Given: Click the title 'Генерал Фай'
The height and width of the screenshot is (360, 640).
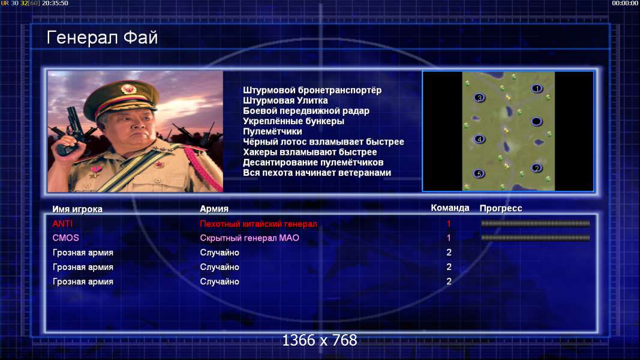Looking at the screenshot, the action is [x=102, y=38].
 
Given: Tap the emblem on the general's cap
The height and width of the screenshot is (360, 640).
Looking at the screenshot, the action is [x=128, y=89].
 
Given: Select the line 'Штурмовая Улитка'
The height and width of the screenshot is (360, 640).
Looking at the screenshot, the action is [x=286, y=100].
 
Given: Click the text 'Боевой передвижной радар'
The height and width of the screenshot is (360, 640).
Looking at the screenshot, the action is [x=306, y=111].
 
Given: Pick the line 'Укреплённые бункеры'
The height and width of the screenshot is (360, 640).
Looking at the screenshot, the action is [x=293, y=121].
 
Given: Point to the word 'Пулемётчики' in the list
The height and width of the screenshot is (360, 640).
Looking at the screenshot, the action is [x=272, y=131].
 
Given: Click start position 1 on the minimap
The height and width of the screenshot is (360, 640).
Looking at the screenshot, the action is [x=537, y=89].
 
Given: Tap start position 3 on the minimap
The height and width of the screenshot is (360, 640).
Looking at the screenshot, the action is [x=479, y=98].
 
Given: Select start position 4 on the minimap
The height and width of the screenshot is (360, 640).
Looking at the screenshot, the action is [x=479, y=139].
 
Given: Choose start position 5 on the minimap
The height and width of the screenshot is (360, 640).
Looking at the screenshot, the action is [x=479, y=174].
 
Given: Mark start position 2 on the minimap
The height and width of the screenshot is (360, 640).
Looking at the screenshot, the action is [x=537, y=168].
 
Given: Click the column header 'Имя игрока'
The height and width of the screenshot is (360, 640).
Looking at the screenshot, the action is [x=77, y=209].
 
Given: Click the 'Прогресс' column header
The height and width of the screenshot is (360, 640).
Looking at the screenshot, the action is [x=501, y=208].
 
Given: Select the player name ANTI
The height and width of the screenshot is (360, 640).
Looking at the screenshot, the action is [x=62, y=224].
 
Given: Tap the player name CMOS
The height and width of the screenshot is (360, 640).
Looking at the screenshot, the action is [x=66, y=238].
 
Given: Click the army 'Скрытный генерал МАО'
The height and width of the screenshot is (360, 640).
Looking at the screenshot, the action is [x=250, y=238].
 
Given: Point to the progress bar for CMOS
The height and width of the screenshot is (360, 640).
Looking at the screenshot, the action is [x=536, y=238].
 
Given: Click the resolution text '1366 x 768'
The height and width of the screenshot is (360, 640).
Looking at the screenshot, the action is [x=320, y=340].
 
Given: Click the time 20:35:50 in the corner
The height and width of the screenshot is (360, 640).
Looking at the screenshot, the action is [x=55, y=3].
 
